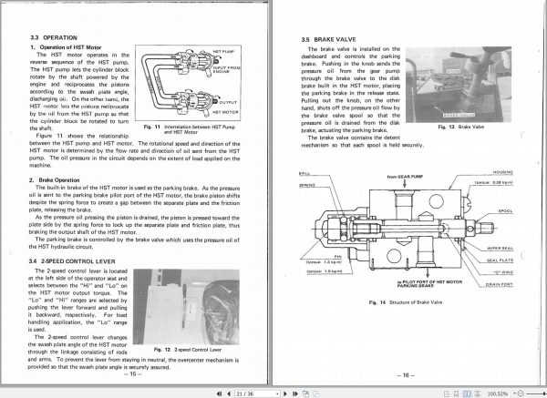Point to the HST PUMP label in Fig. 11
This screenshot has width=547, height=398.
click(224, 53)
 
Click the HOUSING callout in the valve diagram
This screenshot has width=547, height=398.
click(502, 170)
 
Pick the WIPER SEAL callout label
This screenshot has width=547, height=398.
click(501, 247)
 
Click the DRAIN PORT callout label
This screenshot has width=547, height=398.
click(501, 282)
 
